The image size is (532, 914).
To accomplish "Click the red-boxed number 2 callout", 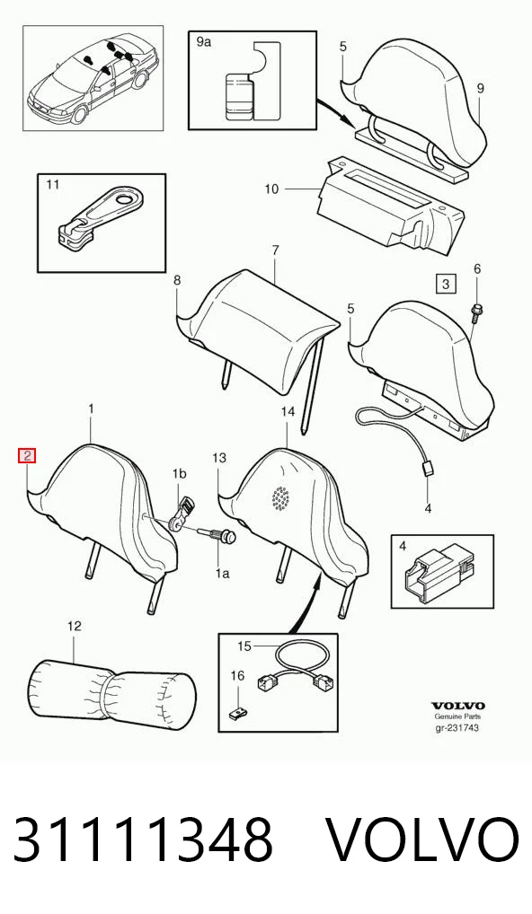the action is pyautogui.click(x=28, y=455).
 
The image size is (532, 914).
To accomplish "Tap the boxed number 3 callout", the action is pyautogui.click(x=446, y=285).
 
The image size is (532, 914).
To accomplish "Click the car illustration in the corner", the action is pyautogui.click(x=92, y=78).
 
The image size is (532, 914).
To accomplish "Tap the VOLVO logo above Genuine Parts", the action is pyautogui.click(x=458, y=706).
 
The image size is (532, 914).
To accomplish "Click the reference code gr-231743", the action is pyautogui.click(x=457, y=727).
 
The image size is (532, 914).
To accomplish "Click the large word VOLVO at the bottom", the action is pyautogui.click(x=421, y=839).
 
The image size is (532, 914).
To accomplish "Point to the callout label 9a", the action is pyautogui.click(x=204, y=42).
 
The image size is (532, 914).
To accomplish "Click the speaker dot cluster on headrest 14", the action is pyautogui.click(x=282, y=496).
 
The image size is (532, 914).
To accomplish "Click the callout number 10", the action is pyautogui.click(x=271, y=189).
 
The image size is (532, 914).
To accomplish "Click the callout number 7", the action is pyautogui.click(x=276, y=250).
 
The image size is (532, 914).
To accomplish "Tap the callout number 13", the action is pyautogui.click(x=218, y=458).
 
